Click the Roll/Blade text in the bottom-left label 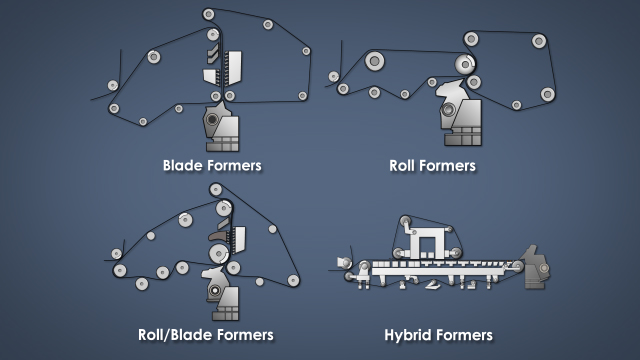(x=172, y=334)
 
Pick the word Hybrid (x=409, y=334)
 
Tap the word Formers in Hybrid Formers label (x=464, y=334)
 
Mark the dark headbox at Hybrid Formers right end (x=538, y=266)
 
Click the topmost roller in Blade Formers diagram (x=208, y=14)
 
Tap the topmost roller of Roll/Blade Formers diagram (x=215, y=189)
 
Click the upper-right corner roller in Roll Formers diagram (x=539, y=41)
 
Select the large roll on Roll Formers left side (x=374, y=61)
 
